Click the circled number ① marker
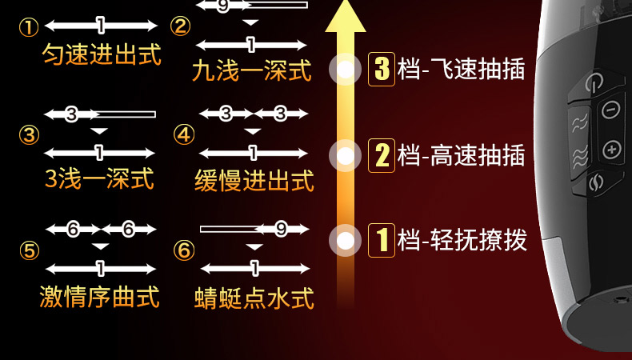coord(29,28)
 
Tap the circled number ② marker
coord(182,26)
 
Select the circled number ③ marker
coord(30,135)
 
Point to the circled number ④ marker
coord(184,134)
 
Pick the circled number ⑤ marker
coord(30,251)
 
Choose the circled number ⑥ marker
coord(184,250)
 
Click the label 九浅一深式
coord(252,71)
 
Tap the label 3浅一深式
coord(100,179)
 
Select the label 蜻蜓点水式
coord(254,297)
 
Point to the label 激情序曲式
coord(100,297)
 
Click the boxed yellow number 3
coord(382,69)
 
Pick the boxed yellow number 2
coord(382,154)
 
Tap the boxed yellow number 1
coord(382,239)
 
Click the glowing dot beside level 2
coord(346,154)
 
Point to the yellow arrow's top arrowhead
coord(346,16)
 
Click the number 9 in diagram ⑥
coord(281,230)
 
